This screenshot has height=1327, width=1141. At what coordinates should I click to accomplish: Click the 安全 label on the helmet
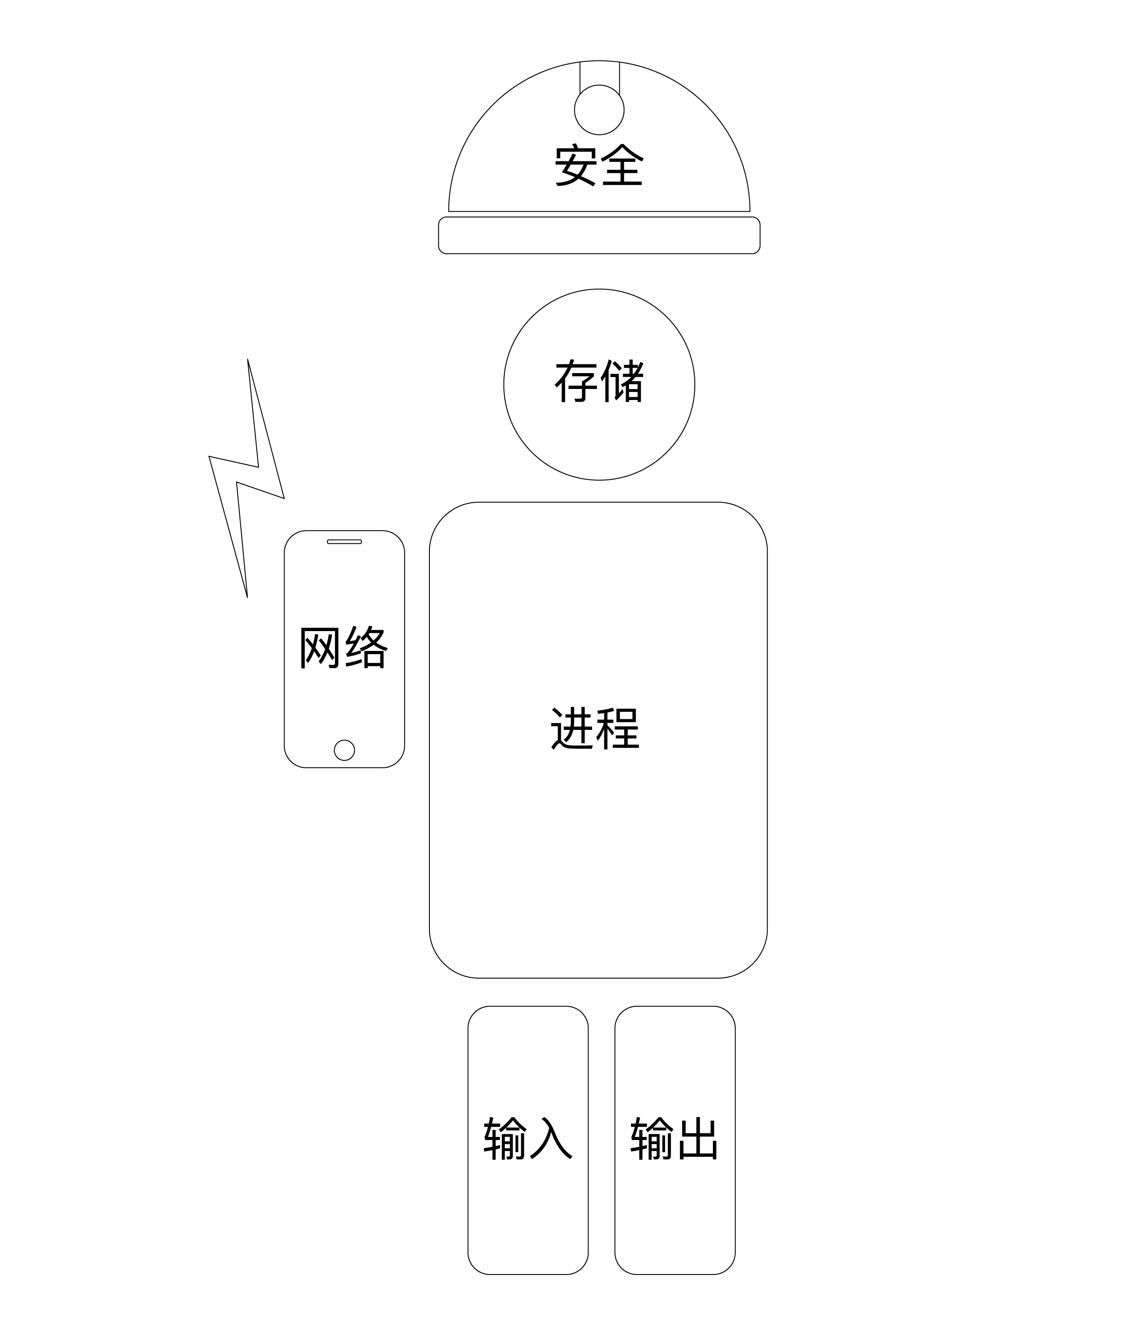point(599,165)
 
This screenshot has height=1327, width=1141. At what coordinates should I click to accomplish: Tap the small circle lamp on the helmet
point(599,109)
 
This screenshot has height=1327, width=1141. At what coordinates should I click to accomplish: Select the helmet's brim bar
point(599,235)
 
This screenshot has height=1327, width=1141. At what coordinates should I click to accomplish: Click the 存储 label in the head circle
point(599,382)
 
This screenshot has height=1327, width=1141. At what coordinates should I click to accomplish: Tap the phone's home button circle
point(344,750)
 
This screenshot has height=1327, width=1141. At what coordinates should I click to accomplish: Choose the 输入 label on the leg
point(528,1139)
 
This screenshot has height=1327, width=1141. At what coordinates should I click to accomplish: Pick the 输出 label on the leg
point(674,1139)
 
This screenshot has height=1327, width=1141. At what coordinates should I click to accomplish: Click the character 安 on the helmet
point(576,165)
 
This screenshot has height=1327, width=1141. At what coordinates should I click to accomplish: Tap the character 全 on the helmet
point(622,165)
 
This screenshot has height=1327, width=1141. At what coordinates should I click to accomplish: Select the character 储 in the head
point(622,382)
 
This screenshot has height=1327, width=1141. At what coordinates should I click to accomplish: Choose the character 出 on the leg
point(698,1139)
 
